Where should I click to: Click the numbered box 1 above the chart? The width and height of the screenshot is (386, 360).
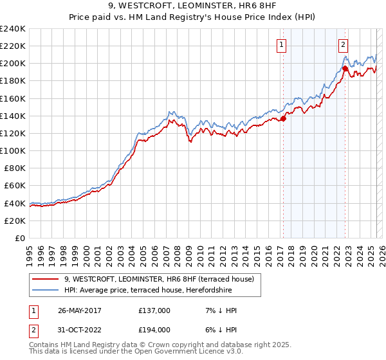(x=282, y=44)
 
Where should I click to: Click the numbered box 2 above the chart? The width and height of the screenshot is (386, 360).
(x=344, y=44)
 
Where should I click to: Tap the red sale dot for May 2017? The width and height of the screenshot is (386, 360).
(x=283, y=118)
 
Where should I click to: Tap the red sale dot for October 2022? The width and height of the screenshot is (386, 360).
(x=345, y=68)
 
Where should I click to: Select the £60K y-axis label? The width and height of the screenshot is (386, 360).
(x=15, y=185)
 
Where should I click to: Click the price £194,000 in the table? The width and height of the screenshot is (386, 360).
(x=154, y=329)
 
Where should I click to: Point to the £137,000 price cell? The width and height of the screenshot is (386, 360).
(x=154, y=310)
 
